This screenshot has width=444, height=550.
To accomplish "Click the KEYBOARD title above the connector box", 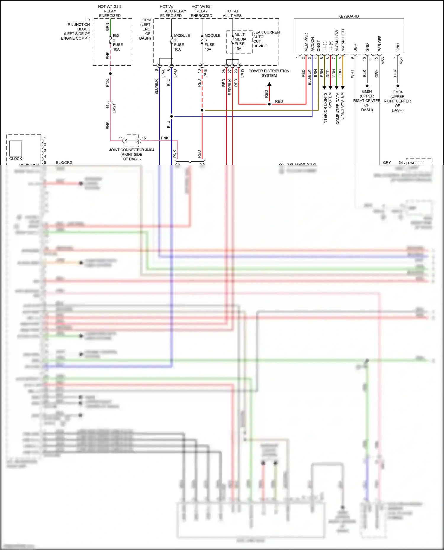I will point(348,16).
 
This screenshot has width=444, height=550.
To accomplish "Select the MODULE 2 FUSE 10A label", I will point(181,42).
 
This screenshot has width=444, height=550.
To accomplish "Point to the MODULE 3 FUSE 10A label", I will point(212,42).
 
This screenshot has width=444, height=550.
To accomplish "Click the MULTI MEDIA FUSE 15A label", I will point(240,42).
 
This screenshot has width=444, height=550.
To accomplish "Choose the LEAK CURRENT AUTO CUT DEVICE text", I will point(267,39).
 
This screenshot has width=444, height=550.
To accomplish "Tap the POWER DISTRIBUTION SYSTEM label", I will point(269,73).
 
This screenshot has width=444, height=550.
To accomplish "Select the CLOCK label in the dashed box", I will point(16,159).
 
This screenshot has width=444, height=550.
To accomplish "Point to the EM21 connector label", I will point(114,108).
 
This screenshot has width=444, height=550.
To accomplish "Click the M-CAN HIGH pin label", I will point(343,40).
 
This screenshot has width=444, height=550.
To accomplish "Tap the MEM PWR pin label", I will point(306,42).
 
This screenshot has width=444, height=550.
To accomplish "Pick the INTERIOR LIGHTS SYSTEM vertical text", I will point(327,108).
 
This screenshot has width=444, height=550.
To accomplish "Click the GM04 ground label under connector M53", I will point(367,100).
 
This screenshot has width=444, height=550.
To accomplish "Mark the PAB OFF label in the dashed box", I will point(416,163).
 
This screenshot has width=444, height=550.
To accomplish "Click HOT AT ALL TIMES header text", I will point(232,13).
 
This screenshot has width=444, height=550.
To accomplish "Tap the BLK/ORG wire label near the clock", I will point(64,163).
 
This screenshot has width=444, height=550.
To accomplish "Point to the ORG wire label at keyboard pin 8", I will point(340,73).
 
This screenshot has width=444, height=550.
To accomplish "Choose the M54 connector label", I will point(401,61).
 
